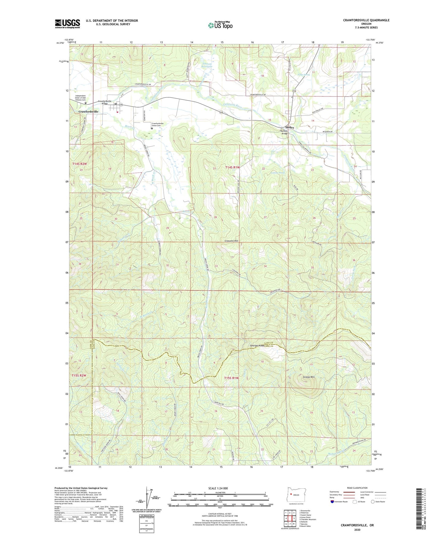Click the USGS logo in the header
coord(67,23)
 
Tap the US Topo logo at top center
coord(220,25)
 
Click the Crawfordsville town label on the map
coord(89,112)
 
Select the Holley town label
coord(290,127)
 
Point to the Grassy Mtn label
coord(309,377)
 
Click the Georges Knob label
coord(257,346)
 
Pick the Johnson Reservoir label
coord(208,66)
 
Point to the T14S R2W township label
coord(80,164)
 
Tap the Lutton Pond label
coord(278,173)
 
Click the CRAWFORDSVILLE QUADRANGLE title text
coord(366,20)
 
